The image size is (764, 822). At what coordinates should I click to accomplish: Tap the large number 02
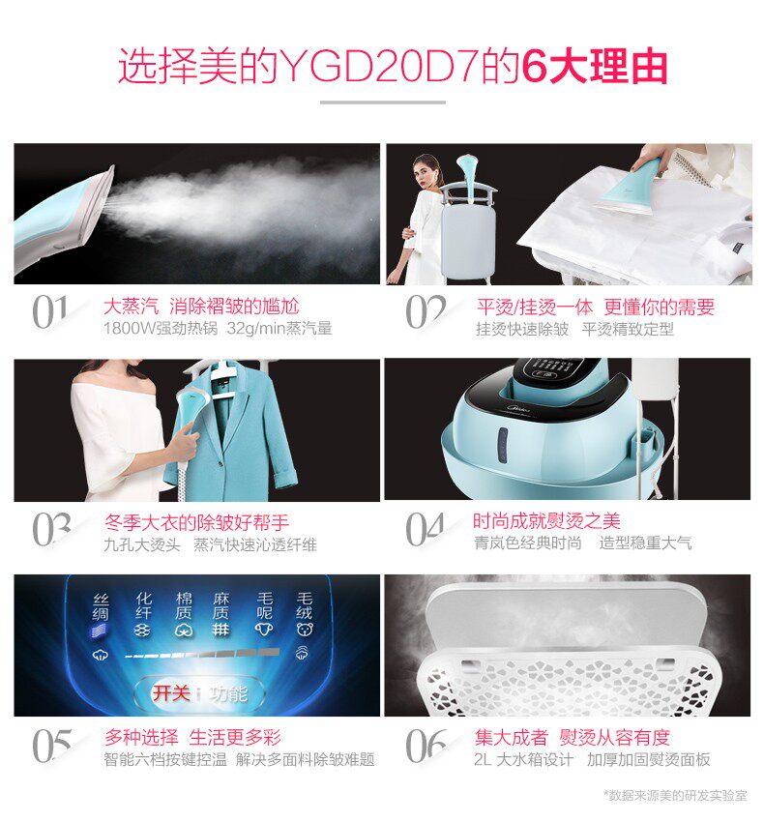426,313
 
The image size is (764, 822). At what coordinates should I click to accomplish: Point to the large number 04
426,530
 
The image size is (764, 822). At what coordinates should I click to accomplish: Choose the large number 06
426,745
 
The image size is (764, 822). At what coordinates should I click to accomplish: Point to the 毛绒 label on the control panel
305,606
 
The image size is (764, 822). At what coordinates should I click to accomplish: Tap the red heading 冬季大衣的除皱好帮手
196,522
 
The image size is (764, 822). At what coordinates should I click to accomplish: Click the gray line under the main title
382,103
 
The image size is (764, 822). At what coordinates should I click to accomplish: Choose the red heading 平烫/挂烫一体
535,308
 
